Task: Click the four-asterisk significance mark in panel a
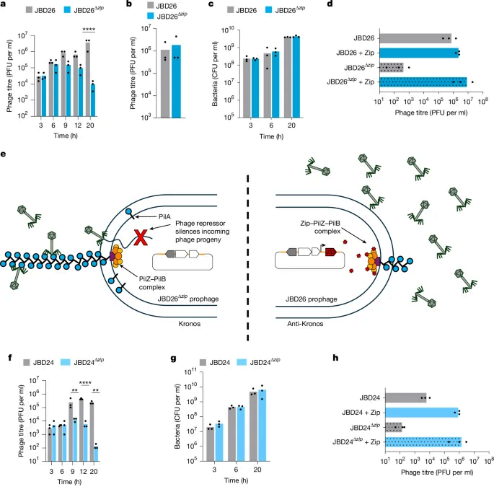[89, 30]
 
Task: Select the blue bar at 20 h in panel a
[92, 100]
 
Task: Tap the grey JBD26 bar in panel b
[165, 84]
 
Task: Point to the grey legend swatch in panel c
[230, 10]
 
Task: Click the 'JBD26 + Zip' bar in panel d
[419, 53]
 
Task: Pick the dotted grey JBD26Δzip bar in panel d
[392, 67]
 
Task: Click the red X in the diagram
[141, 237]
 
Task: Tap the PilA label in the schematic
[164, 217]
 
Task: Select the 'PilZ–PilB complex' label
[152, 283]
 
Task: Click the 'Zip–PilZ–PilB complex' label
[320, 227]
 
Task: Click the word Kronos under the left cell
[190, 324]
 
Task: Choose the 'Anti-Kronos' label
[305, 324]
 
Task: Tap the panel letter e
[4, 154]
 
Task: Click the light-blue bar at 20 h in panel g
[262, 426]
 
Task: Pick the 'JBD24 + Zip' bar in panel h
[422, 413]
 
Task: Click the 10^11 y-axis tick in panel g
[191, 372]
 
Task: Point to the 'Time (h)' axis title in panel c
[271, 136]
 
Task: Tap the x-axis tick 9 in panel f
[73, 471]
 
